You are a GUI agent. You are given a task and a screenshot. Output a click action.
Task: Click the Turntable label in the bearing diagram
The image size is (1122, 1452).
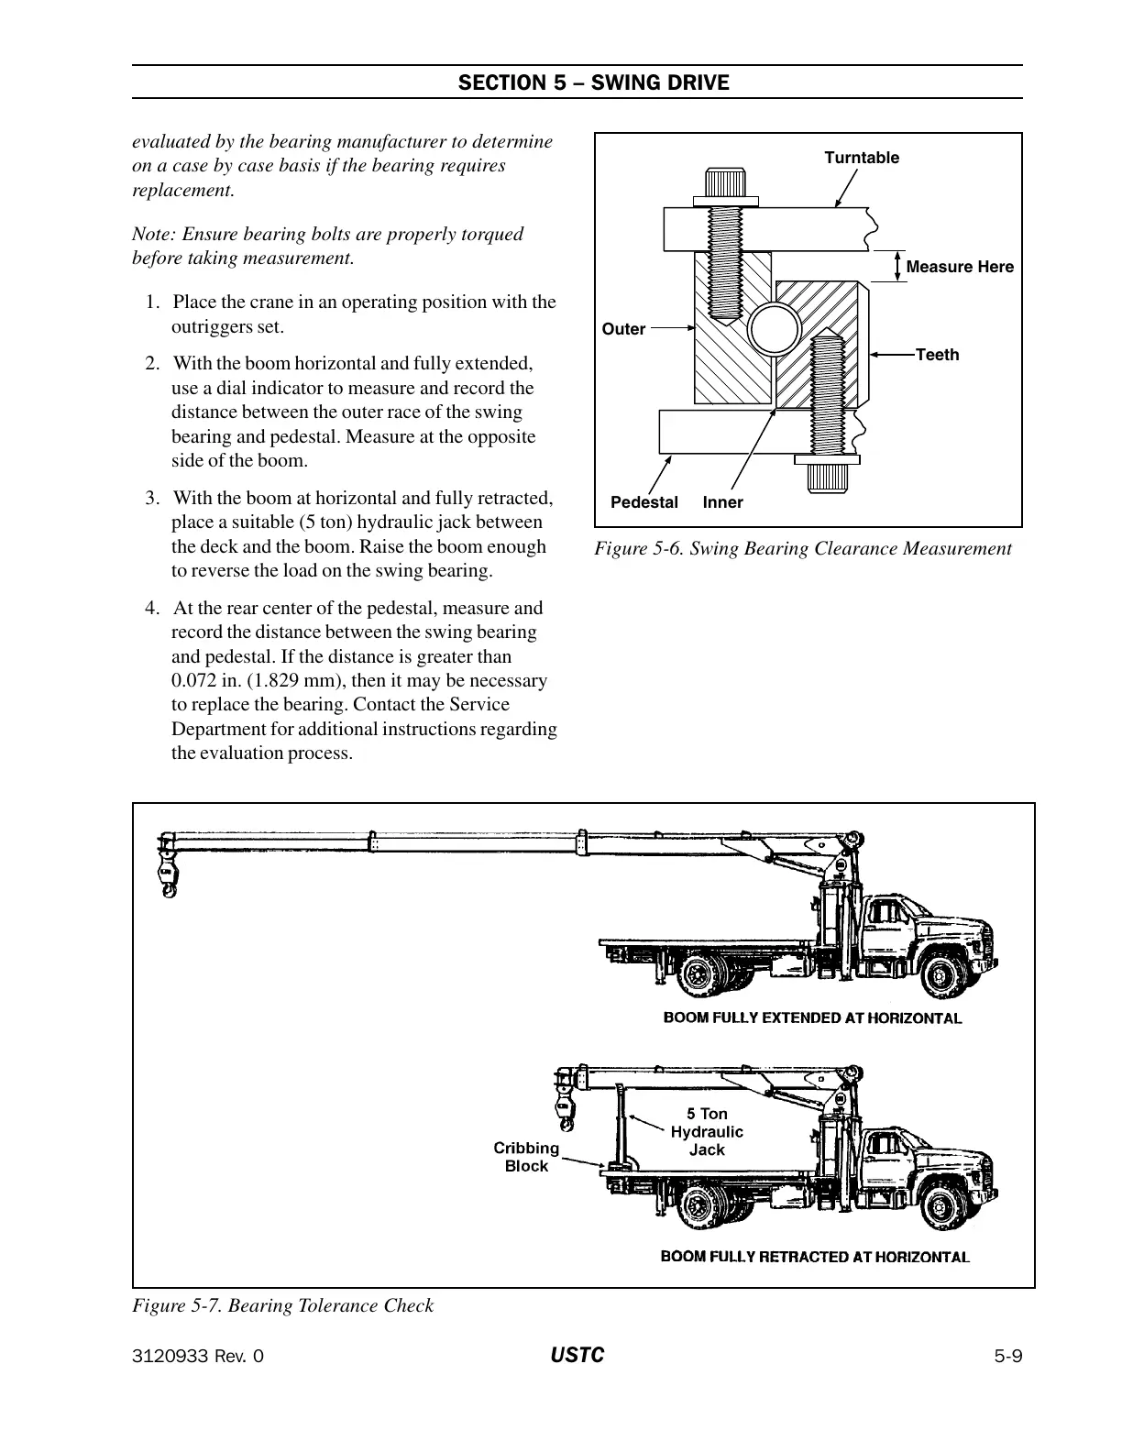(862, 158)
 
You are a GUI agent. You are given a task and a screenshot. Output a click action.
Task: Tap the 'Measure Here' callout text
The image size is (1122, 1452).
(959, 267)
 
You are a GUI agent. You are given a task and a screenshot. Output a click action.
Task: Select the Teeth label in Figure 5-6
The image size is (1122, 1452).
(937, 355)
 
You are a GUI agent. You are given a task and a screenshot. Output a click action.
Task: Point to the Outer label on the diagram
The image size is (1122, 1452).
(623, 329)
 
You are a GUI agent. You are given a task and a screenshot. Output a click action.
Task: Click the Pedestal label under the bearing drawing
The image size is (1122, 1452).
(644, 502)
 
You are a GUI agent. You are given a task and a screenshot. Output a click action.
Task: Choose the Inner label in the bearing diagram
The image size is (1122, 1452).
(723, 502)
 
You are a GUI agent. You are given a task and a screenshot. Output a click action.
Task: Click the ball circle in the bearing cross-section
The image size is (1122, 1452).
(773, 328)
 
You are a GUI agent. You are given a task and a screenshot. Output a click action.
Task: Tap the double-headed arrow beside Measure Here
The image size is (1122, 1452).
(897, 266)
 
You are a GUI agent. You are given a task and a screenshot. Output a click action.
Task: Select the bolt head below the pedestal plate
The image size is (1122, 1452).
(827, 471)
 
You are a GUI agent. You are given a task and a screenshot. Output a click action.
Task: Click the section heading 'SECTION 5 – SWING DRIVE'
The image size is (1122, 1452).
(593, 83)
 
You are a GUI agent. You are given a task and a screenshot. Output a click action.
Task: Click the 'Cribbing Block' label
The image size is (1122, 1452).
(526, 1157)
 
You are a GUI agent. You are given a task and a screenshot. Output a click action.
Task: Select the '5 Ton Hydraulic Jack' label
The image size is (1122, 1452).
(707, 1131)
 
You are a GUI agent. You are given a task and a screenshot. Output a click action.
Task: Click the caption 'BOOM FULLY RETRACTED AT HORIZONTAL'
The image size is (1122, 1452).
(815, 1257)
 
